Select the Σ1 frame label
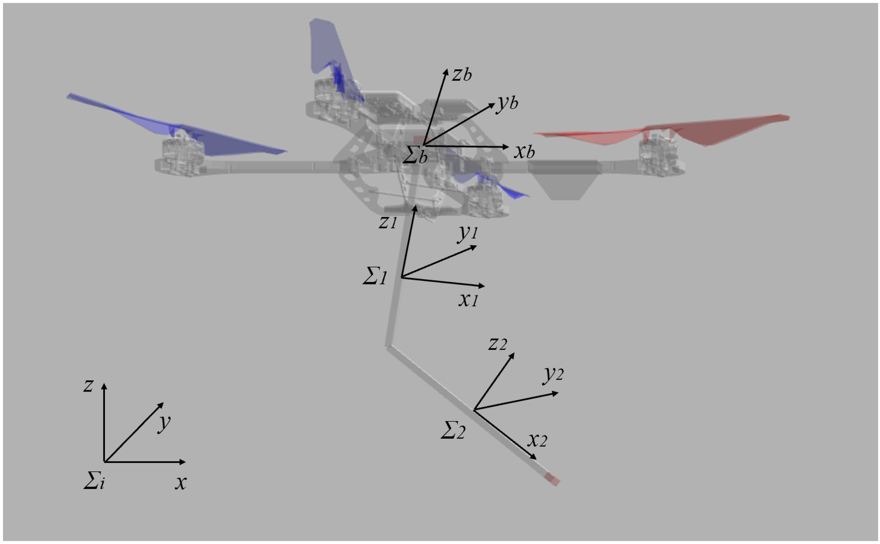(x=375, y=276)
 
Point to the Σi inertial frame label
(x=94, y=480)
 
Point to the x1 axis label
(x=468, y=299)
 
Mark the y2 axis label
(x=553, y=375)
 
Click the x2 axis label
(x=537, y=440)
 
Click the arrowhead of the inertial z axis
(x=104, y=386)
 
